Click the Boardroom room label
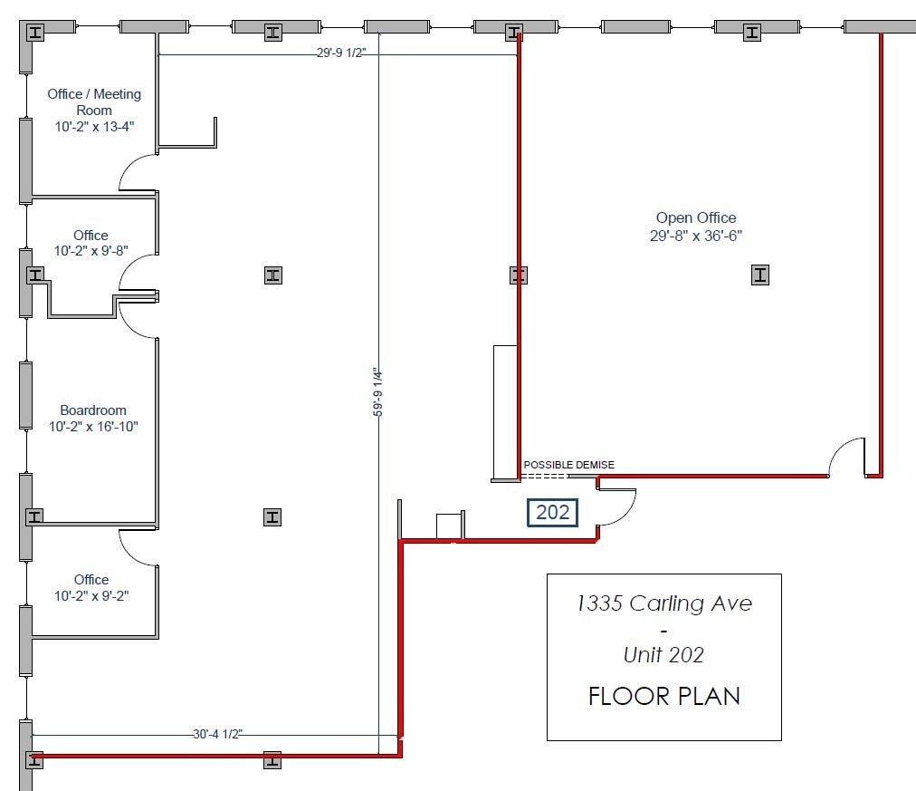click(x=93, y=410)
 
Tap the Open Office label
click(x=696, y=218)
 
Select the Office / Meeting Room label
click(x=94, y=101)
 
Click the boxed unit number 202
click(x=553, y=513)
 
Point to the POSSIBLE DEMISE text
click(x=569, y=465)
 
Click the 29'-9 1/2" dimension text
click(x=341, y=53)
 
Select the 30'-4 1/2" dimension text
click(x=217, y=734)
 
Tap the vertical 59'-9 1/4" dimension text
click(x=378, y=392)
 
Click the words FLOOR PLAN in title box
click(x=664, y=696)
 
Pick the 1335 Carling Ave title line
click(x=664, y=603)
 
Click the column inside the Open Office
click(x=760, y=275)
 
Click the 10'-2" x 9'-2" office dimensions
click(x=91, y=595)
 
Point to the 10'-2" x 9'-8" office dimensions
click(x=91, y=251)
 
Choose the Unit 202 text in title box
click(x=663, y=655)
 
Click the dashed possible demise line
click(x=543, y=477)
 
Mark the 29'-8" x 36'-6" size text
click(x=696, y=236)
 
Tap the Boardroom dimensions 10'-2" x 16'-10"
click(x=93, y=427)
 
